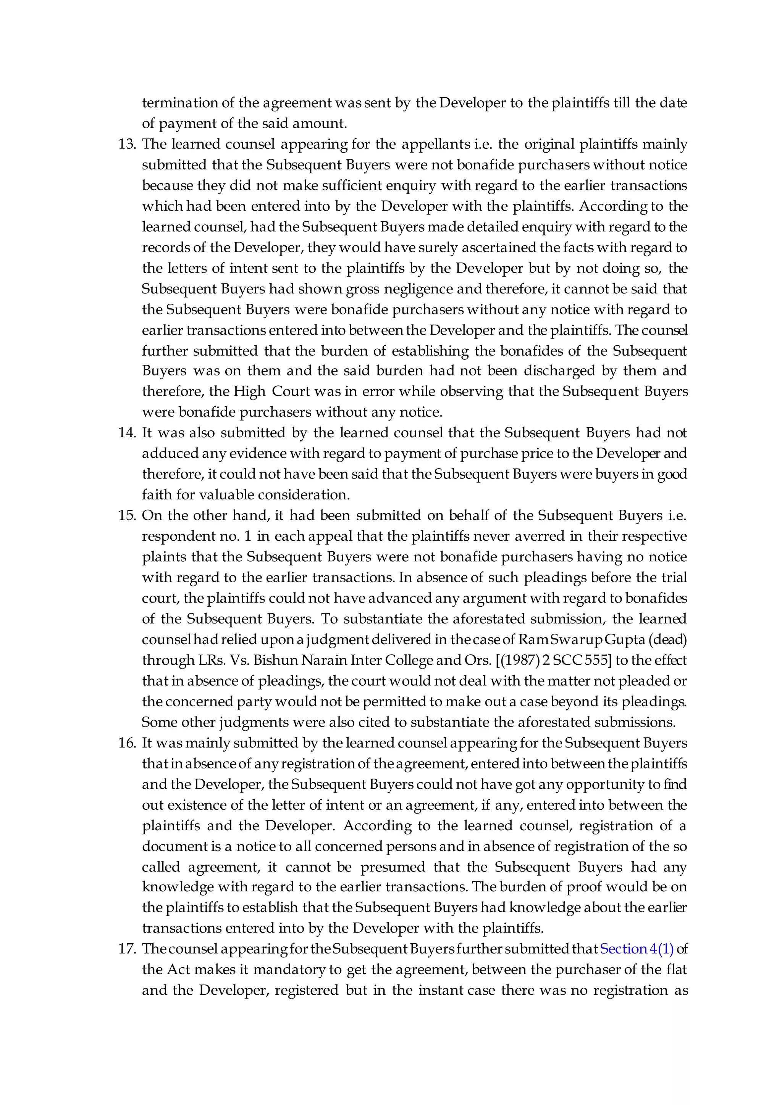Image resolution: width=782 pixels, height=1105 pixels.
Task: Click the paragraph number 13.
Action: (x=127, y=144)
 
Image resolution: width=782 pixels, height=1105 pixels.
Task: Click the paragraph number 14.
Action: (x=127, y=433)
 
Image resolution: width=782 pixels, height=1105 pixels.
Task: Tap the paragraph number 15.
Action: (x=127, y=515)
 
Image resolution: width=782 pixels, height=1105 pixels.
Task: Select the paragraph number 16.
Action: (x=127, y=743)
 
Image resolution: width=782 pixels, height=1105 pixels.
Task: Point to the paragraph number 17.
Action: (x=127, y=949)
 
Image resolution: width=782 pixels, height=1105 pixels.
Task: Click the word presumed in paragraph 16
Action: (x=393, y=867)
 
